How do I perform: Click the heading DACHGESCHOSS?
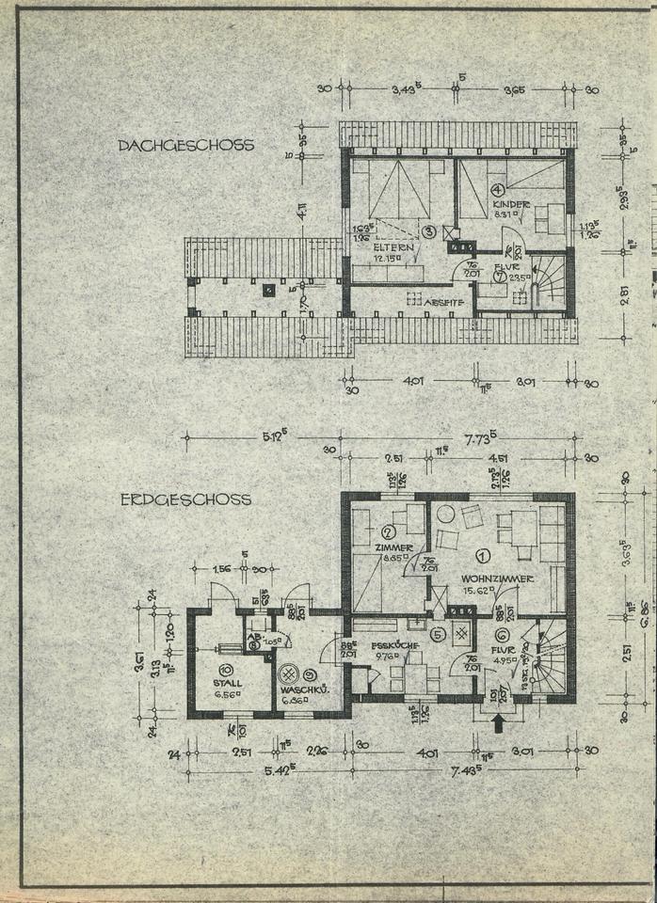tap(185, 146)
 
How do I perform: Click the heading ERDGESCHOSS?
tap(185, 499)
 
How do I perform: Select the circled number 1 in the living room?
tap(483, 557)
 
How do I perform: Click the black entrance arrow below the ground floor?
tap(500, 721)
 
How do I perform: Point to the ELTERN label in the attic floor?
tap(388, 247)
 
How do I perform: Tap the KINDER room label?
tap(511, 204)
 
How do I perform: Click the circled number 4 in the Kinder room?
tap(498, 189)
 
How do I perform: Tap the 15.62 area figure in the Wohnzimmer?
tap(478, 591)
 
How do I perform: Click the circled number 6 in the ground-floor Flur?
tap(502, 635)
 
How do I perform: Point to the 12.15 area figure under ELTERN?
tap(386, 259)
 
